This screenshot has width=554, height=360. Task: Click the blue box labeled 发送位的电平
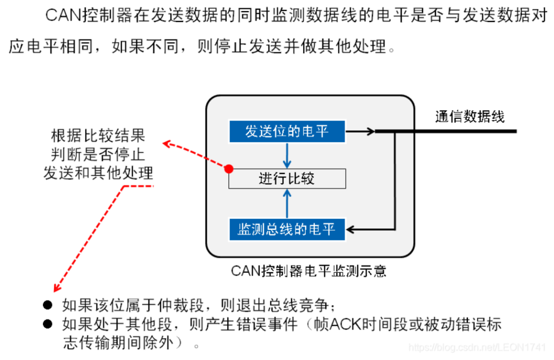tap(287, 131)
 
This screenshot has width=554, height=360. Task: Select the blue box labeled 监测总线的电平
tap(287, 229)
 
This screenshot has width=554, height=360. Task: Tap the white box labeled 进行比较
tap(287, 179)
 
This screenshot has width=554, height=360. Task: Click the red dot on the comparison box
tap(229, 169)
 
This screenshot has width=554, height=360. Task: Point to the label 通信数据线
tap(470, 117)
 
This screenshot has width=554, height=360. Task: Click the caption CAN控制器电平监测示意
tap(308, 270)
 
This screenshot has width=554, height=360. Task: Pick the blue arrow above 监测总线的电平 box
tap(287, 203)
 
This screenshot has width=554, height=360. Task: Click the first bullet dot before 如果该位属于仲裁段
tap(48, 305)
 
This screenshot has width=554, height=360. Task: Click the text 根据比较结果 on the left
tap(98, 136)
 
